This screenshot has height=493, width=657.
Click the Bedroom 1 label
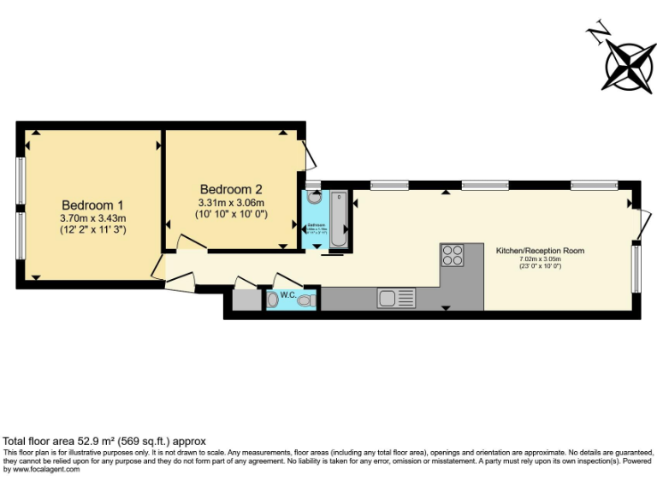pyautogui.click(x=92, y=205)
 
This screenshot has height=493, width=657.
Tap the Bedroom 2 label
pyautogui.click(x=231, y=189)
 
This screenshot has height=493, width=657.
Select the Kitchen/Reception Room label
pyautogui.click(x=541, y=251)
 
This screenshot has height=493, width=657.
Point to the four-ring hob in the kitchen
pyautogui.click(x=453, y=255)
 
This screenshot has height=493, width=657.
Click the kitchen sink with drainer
pyautogui.click(x=397, y=299)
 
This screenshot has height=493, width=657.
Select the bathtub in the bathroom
pyautogui.click(x=338, y=220)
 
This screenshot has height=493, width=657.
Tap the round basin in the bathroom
pyautogui.click(x=314, y=197)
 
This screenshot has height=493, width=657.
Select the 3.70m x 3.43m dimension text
pyautogui.click(x=92, y=218)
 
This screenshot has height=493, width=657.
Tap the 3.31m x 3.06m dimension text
pyautogui.click(x=232, y=203)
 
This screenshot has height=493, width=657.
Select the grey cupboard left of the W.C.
pyautogui.click(x=246, y=300)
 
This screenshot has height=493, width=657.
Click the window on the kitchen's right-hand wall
pyautogui.click(x=636, y=268)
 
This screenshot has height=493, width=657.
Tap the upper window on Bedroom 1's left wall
pyautogui.click(x=21, y=181)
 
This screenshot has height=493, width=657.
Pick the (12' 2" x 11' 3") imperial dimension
pyautogui.click(x=93, y=229)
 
